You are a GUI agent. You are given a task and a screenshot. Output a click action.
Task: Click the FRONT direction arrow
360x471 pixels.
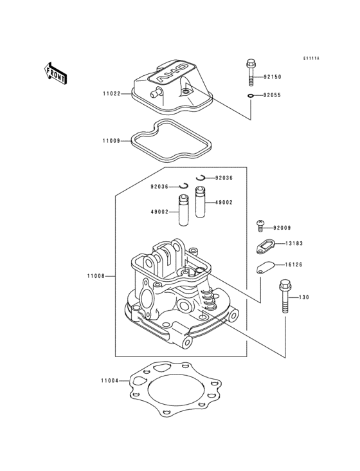(x=56, y=73)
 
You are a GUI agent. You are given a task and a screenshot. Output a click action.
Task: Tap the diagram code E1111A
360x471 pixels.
(x=311, y=59)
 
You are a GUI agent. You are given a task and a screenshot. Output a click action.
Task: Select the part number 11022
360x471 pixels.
(x=112, y=93)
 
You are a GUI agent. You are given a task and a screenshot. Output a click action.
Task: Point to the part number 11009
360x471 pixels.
(x=111, y=140)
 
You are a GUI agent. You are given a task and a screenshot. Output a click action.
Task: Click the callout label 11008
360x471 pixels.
(x=97, y=276)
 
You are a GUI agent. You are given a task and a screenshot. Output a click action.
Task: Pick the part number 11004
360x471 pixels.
(x=109, y=380)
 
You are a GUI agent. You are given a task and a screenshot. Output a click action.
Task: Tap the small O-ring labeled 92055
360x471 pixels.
(x=251, y=97)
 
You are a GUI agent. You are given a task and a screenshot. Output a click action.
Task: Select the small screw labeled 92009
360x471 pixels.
(x=260, y=225)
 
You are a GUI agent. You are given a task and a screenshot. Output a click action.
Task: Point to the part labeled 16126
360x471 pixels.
(x=265, y=267)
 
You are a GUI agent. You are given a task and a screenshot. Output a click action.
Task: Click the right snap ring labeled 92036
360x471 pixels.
(x=202, y=178)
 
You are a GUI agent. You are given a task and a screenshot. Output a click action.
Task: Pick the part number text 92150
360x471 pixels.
(x=273, y=77)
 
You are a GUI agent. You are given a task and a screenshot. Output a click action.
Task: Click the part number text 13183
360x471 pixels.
(x=294, y=244)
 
